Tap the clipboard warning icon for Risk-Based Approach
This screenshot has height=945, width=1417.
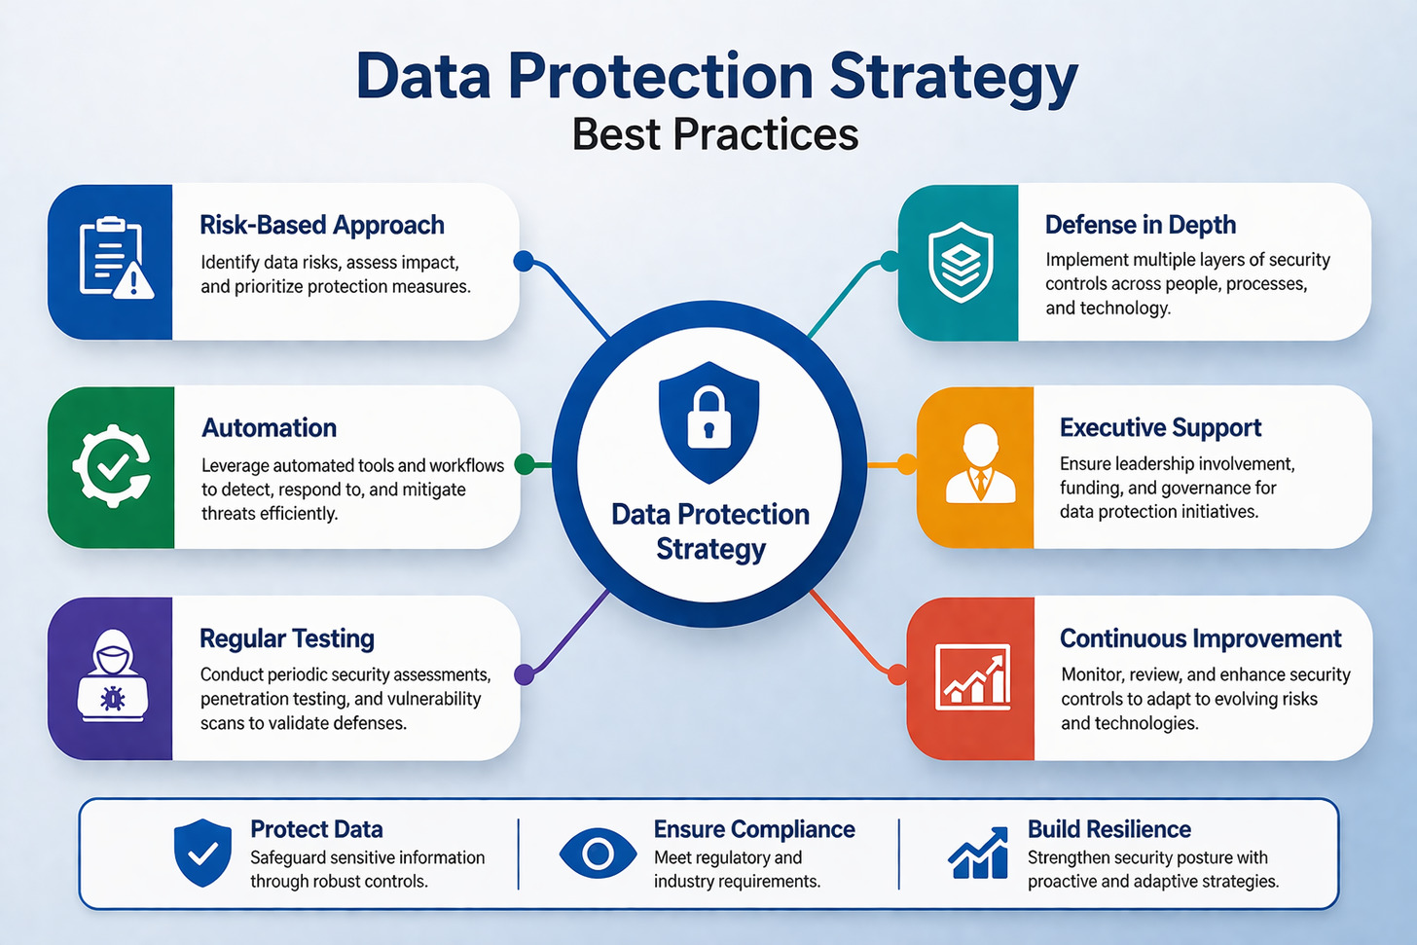click(114, 258)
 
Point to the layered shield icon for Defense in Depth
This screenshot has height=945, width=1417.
click(961, 261)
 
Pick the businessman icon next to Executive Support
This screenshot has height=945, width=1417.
click(980, 464)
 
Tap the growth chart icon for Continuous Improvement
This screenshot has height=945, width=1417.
click(972, 675)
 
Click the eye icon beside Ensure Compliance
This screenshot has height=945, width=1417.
click(598, 854)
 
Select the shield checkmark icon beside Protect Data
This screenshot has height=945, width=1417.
click(202, 853)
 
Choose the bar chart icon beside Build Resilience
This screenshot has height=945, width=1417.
click(978, 854)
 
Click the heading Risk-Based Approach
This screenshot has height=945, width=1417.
click(322, 225)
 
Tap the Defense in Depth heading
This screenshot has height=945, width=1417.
click(1140, 225)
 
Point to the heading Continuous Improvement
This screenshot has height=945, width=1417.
click(1200, 638)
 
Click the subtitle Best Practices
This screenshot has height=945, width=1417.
click(715, 134)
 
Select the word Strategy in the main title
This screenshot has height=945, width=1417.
click(954, 76)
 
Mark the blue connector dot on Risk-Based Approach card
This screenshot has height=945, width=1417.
click(524, 261)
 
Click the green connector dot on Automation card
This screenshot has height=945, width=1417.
click(524, 464)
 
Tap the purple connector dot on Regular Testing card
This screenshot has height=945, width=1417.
click(524, 673)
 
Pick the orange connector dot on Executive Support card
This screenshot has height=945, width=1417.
click(906, 464)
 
